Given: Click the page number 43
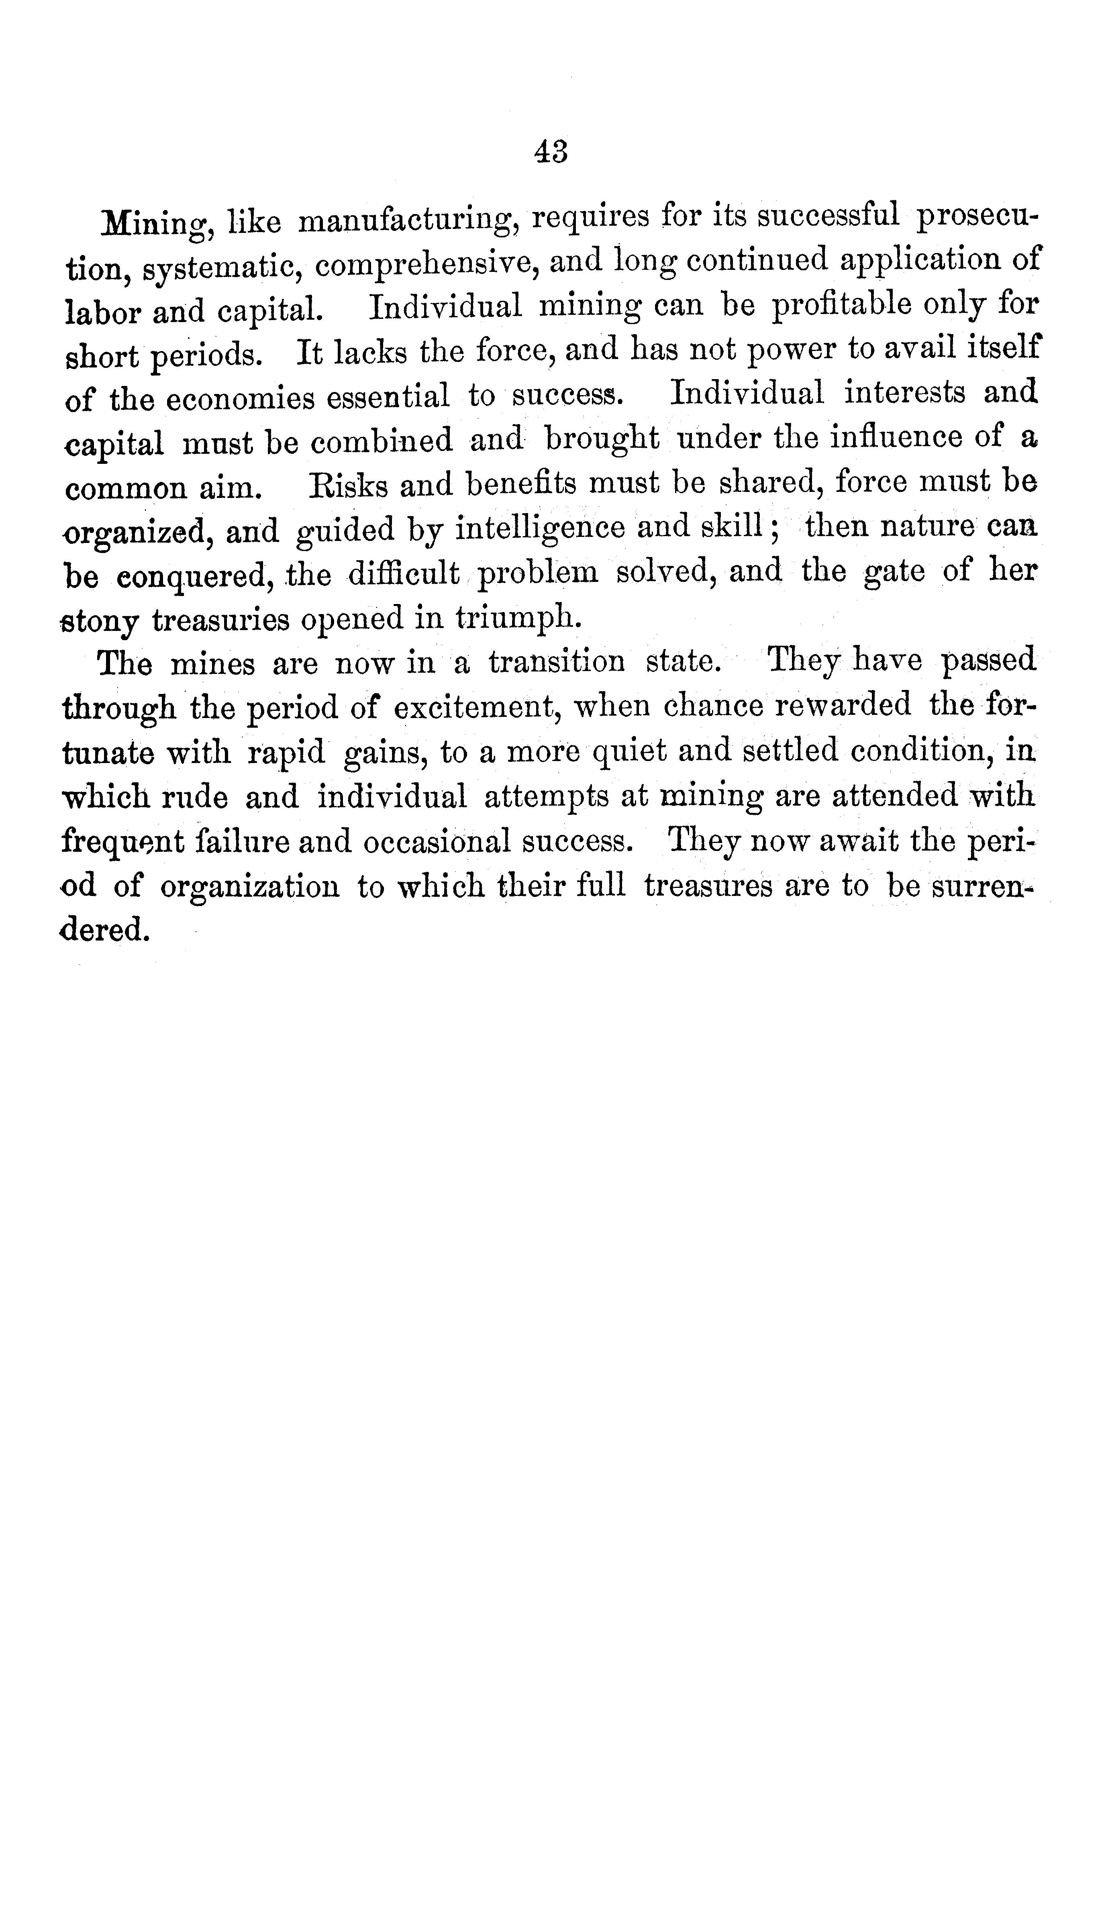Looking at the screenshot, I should [x=551, y=151].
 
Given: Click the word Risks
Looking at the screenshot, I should [x=348, y=485].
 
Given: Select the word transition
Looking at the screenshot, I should [x=556, y=663].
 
